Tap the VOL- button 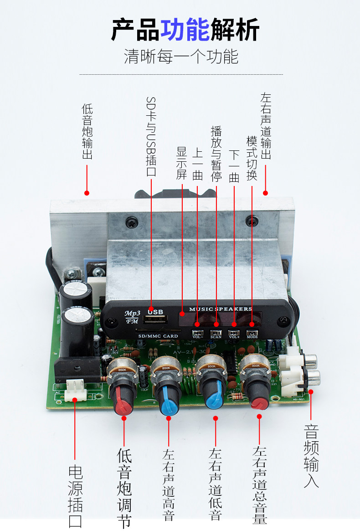point(197,334)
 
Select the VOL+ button point(234,334)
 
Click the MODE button point(252,334)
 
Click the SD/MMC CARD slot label point(158,336)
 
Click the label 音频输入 point(311,456)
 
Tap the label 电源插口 point(75,496)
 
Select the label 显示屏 point(182,163)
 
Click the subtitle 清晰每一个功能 point(181,57)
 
